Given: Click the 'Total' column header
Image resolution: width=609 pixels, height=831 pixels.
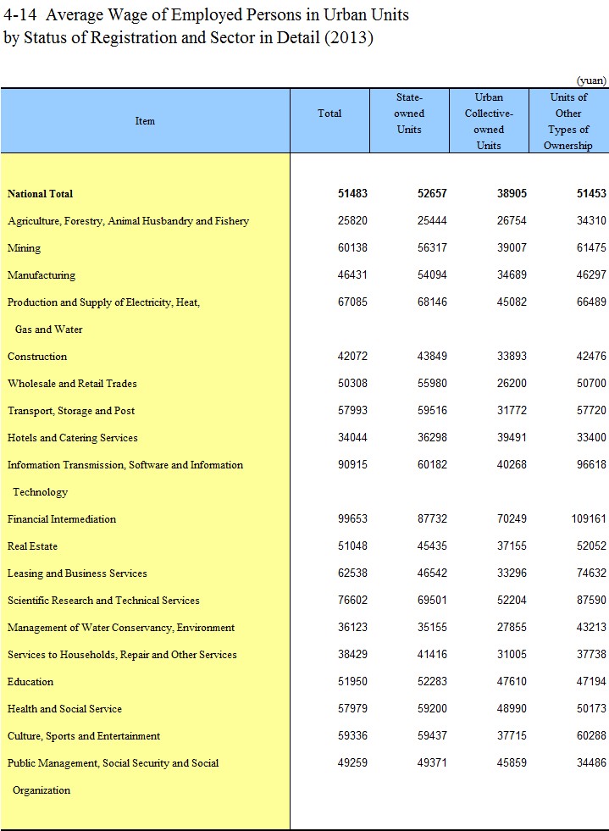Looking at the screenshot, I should (x=329, y=114).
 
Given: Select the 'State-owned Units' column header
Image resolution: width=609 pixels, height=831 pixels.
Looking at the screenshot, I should (x=409, y=114).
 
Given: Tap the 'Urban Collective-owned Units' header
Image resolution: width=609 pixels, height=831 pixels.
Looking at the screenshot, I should (x=489, y=121).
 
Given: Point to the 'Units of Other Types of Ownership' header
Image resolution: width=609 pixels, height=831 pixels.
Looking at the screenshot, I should (x=568, y=121).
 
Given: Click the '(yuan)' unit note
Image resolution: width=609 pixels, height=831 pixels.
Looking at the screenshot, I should (x=591, y=80).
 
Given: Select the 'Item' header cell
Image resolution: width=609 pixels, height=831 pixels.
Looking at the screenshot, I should (x=145, y=121).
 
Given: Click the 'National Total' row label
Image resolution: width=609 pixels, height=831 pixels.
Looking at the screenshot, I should (x=40, y=194).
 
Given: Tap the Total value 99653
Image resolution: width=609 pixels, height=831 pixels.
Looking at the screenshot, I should (x=352, y=519).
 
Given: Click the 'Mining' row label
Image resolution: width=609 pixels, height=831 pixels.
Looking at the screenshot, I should (x=24, y=248).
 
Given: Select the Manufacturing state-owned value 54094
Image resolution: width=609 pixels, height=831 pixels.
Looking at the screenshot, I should (x=432, y=275).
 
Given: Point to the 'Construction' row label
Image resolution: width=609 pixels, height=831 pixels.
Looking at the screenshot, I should (x=37, y=357).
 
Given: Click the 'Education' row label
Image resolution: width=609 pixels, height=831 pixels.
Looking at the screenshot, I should (x=30, y=682).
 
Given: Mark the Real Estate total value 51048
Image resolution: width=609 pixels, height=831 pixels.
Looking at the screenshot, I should (x=352, y=546).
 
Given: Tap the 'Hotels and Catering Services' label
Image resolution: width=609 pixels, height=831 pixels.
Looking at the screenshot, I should (x=72, y=438).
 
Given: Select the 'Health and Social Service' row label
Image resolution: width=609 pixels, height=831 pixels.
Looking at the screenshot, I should (x=64, y=709).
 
